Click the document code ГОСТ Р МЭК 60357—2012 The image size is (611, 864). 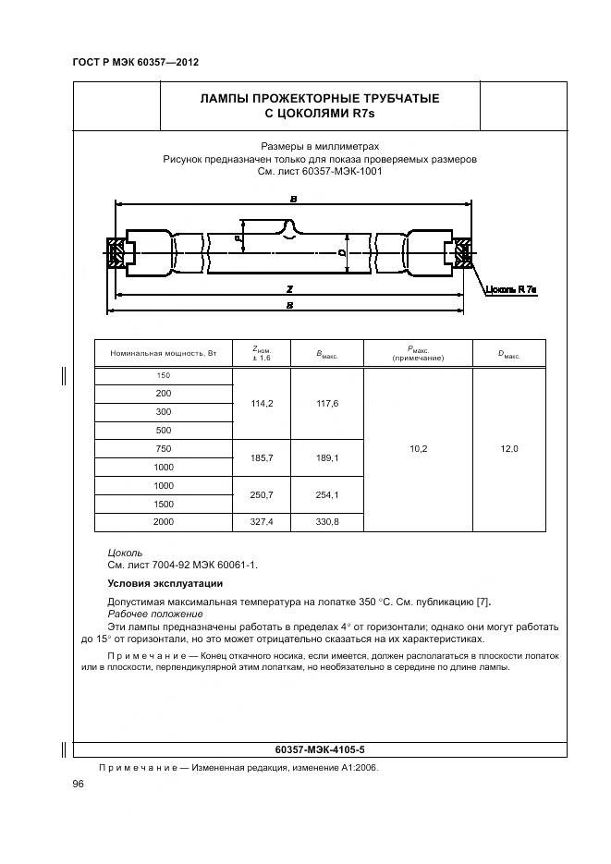point(135,62)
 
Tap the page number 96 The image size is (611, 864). point(79,784)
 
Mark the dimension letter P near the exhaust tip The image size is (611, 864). point(238,238)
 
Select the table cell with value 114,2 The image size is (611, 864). point(262,403)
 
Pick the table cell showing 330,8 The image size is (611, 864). point(327,522)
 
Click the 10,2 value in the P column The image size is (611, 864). point(418,449)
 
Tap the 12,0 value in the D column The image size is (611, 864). point(508,449)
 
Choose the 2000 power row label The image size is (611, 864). point(164,522)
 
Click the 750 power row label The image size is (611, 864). point(164,448)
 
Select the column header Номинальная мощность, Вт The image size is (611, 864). point(163,354)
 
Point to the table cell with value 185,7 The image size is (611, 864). point(262,457)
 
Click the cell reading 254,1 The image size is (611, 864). point(327,494)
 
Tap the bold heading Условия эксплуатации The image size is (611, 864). point(165,583)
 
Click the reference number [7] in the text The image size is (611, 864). point(482,602)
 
